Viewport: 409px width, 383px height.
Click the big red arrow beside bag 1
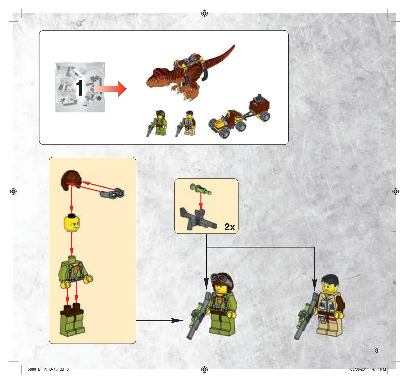pos(110,89)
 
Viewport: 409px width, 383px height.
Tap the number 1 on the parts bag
pos(79,88)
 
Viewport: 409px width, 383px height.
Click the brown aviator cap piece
pos(71,180)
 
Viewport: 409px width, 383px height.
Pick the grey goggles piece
pos(112,193)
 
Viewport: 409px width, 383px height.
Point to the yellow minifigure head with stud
pos(72,223)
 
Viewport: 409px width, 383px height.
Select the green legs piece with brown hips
pos(72,320)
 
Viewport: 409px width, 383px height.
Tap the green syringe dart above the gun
pos(201,189)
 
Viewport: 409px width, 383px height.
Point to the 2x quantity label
pos(230,227)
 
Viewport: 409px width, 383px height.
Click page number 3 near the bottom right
pos(377,351)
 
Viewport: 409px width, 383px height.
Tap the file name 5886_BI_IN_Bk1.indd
pos(46,369)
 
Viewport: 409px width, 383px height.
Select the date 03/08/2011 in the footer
pos(359,369)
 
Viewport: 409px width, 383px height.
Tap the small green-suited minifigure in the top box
pos(157,123)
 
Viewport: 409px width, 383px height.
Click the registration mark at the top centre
pos(204,13)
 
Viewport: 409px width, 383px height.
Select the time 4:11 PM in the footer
pos(379,369)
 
